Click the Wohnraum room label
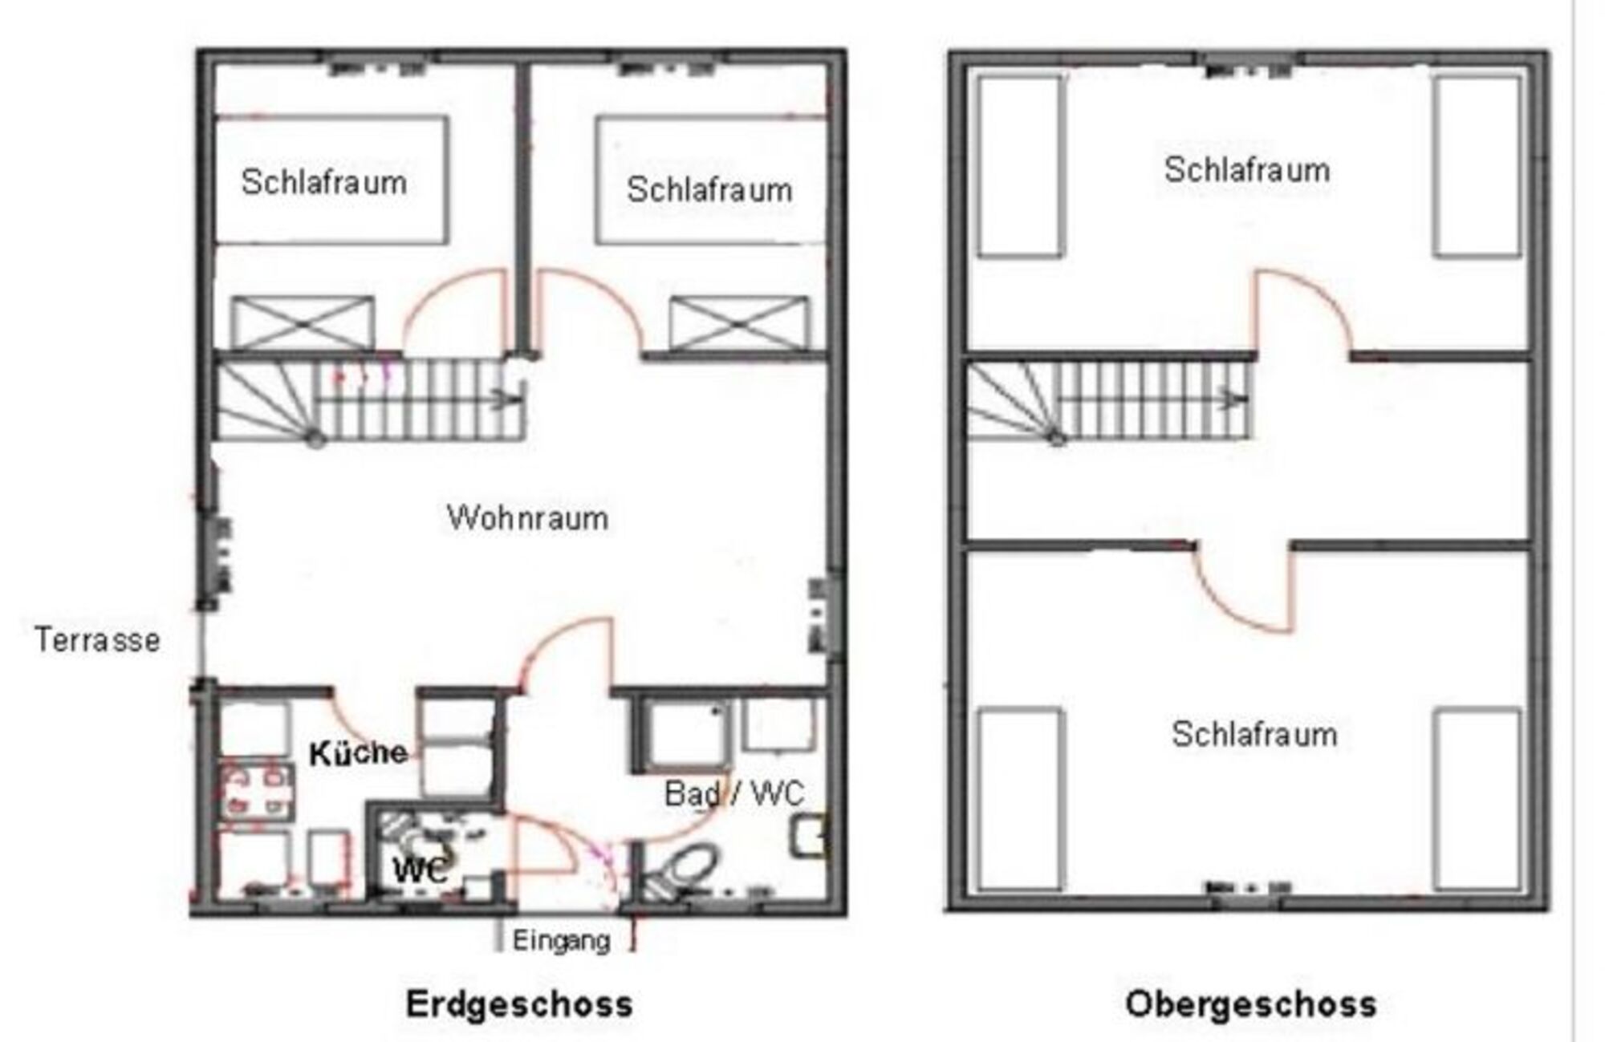(x=527, y=518)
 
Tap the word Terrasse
(x=97, y=640)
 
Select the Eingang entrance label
(x=562, y=940)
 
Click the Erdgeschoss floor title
(x=519, y=1004)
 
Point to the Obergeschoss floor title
(x=1251, y=1004)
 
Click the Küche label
(x=358, y=753)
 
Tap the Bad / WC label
(x=734, y=794)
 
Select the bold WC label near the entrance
(x=419, y=870)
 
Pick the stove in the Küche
(x=255, y=793)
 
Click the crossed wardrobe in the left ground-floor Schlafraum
(x=303, y=323)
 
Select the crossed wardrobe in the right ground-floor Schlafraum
(x=739, y=323)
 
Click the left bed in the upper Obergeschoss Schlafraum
(x=1020, y=167)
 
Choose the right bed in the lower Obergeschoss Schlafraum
(x=1477, y=799)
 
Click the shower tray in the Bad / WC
(x=685, y=736)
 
